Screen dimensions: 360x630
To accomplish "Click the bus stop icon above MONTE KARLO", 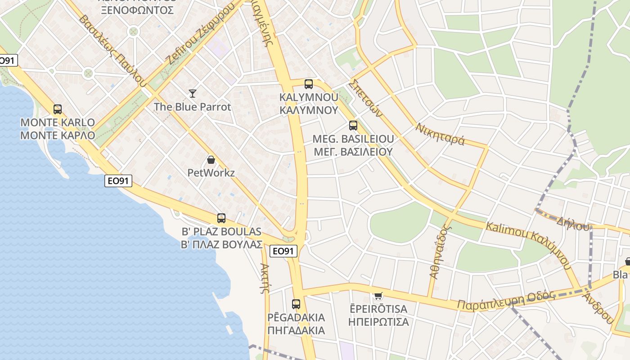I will (x=58, y=109).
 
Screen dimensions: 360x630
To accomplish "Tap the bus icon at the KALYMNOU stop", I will (x=309, y=84).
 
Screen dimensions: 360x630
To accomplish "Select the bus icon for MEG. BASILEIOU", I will (x=353, y=126).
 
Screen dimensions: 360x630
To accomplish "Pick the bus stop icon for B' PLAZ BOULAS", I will (x=221, y=218).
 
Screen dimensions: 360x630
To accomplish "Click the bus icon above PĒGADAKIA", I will (x=296, y=304).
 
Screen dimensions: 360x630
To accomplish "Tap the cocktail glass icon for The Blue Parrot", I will (x=193, y=94).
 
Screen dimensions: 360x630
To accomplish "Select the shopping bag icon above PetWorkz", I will (x=211, y=160).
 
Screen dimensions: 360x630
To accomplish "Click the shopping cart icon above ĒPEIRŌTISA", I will (x=378, y=296).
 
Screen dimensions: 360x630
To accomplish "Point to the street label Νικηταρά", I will (x=440, y=134).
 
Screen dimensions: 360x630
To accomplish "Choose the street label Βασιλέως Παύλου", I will (x=112, y=50).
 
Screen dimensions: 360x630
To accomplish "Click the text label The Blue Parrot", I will (x=192, y=107).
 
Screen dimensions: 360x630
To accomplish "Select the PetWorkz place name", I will (x=211, y=173).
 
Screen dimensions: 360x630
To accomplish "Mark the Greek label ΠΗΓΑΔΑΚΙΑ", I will (x=296, y=330).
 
